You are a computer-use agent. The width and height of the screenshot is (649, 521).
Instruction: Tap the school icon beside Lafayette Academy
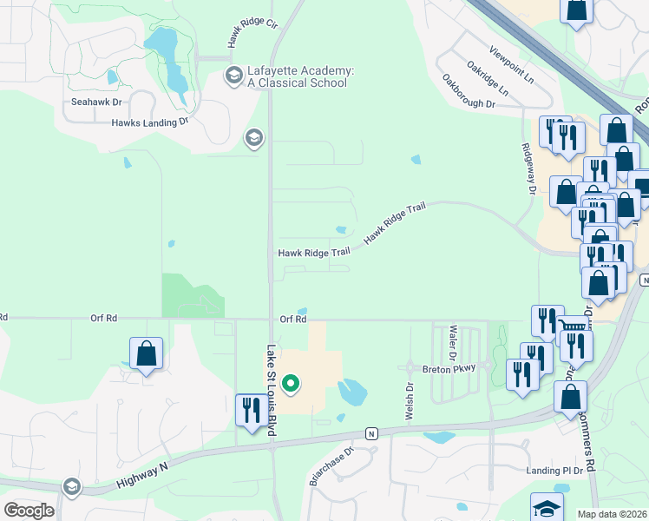pos(233,76)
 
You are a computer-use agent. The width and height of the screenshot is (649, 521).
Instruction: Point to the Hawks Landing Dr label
pos(149,122)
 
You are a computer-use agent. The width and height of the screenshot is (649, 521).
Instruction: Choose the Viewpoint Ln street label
pos(511,65)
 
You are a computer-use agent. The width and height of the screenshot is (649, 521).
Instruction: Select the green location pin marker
pos(292,382)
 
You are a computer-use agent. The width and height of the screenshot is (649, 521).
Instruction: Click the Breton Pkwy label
pos(449,368)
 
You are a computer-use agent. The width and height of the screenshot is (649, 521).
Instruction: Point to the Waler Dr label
pos(453,343)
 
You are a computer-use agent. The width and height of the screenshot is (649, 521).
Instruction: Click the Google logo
pos(29,511)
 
